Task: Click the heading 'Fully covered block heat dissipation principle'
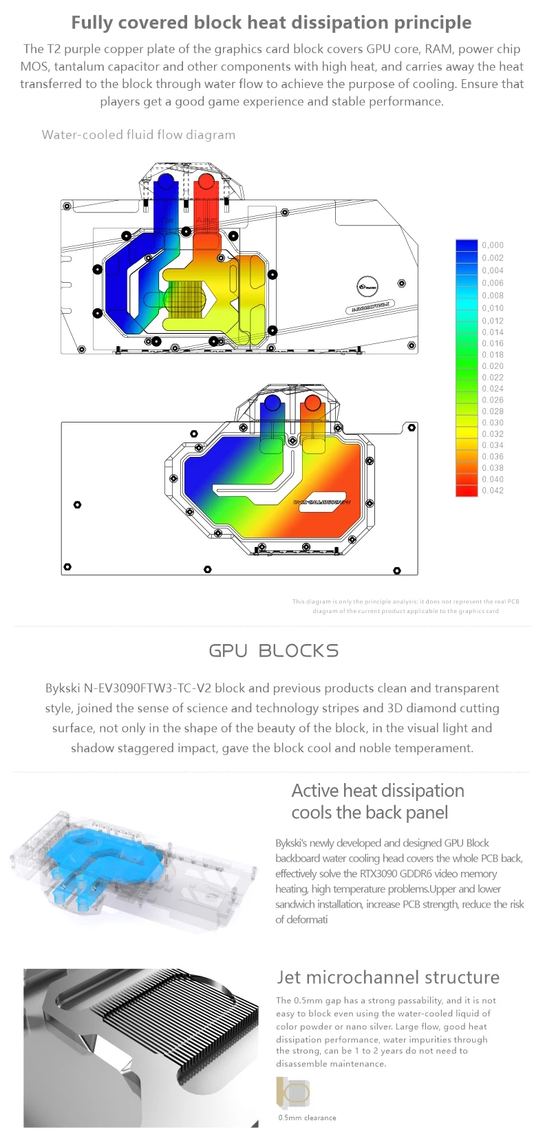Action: [271, 23]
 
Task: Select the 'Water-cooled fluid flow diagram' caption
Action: [138, 135]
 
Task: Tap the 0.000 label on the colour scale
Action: [493, 245]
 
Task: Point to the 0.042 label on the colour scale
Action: [493, 491]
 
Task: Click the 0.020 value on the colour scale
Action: [493, 366]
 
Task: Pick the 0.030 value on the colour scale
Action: [493, 422]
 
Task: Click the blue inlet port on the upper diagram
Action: [166, 183]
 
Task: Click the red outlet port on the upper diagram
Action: [205, 183]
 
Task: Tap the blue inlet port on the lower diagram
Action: [272, 403]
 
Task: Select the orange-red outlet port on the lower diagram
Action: [312, 403]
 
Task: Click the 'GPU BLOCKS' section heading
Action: [273, 651]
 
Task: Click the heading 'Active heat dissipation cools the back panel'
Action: [377, 802]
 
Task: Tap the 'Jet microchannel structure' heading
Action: [388, 977]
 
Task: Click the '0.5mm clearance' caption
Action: [307, 1117]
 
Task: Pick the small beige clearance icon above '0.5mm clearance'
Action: [293, 1093]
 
